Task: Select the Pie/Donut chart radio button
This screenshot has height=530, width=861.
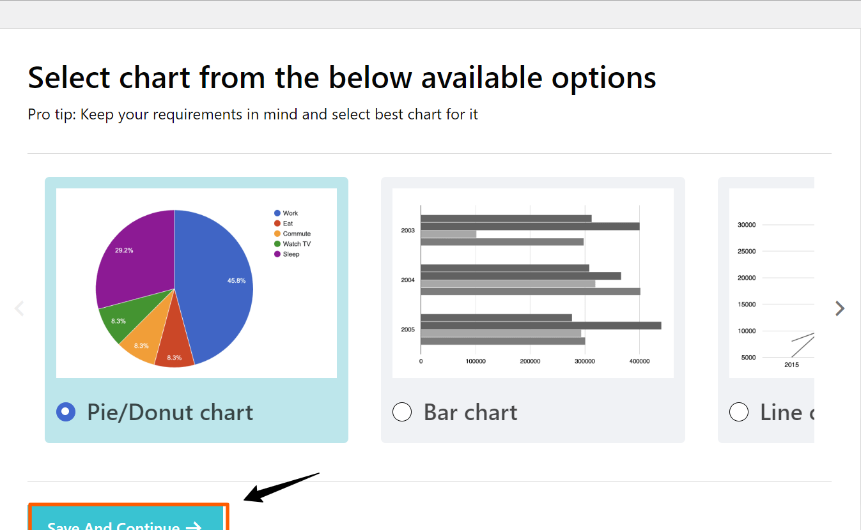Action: tap(66, 413)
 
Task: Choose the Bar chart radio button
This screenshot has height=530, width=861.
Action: tap(402, 413)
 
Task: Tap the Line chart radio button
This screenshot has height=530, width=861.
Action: tap(739, 413)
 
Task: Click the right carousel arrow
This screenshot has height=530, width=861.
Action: tap(840, 308)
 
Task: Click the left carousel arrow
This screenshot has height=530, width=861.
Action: tap(19, 308)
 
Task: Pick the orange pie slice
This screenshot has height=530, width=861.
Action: tap(144, 342)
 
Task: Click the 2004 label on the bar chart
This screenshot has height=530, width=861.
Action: tap(408, 280)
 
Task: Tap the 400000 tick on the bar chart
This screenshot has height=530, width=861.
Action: tap(639, 361)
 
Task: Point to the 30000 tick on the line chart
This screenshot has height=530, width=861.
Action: tap(747, 225)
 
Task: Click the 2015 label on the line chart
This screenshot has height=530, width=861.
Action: tap(791, 365)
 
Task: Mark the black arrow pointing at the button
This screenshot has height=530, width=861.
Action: tap(281, 487)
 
